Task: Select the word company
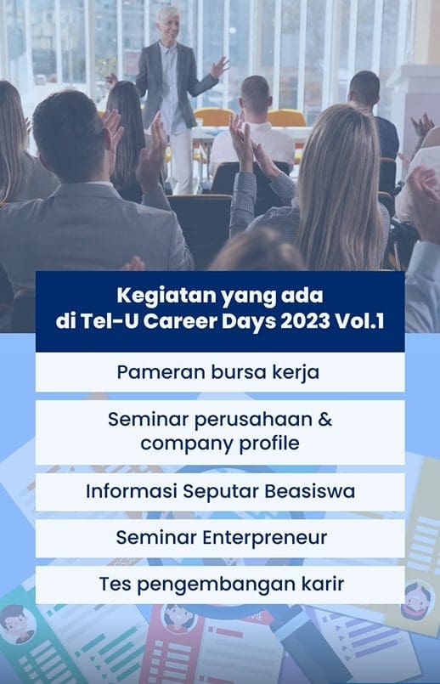[x=181, y=443]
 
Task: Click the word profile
[x=267, y=443]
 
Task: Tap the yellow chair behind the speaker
[x=287, y=118]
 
